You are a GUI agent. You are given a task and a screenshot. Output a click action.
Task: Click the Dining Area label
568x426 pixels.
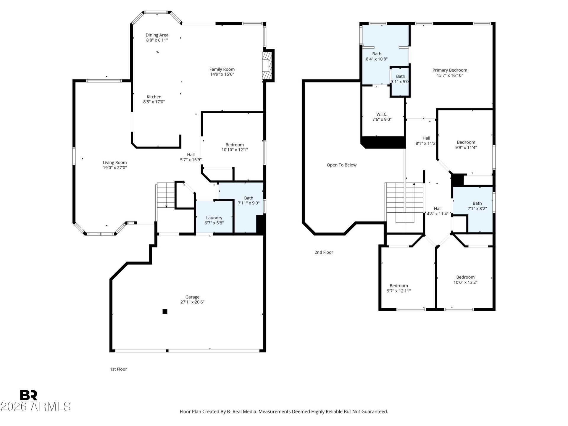[157, 35]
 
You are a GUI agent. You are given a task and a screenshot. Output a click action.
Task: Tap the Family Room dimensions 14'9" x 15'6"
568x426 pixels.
[222, 74]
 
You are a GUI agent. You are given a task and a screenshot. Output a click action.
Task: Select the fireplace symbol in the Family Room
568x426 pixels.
[267, 66]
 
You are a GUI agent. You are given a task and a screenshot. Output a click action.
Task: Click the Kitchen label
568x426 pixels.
[154, 97]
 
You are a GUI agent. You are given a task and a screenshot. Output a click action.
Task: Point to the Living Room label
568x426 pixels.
[115, 162]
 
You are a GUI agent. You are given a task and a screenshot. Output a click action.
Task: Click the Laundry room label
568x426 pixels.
[214, 218]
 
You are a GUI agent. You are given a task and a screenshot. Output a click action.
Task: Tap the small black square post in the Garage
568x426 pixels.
[165, 311]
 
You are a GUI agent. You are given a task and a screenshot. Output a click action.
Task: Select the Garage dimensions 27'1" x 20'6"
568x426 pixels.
[192, 302]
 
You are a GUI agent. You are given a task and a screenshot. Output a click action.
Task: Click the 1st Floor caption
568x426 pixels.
[118, 369]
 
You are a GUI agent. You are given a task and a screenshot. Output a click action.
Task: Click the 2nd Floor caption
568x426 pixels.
[324, 252]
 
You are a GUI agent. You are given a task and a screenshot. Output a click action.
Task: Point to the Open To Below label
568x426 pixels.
[341, 165]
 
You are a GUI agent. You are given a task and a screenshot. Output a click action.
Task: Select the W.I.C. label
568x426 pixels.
[382, 114]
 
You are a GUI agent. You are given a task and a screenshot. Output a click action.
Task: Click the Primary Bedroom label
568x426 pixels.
[450, 70]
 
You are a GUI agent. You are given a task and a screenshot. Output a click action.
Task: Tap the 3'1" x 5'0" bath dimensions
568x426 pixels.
[400, 81]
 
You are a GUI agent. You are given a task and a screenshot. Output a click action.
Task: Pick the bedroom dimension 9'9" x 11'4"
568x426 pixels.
[466, 147]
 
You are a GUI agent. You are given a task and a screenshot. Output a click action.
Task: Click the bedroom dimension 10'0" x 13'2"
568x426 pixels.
[465, 282]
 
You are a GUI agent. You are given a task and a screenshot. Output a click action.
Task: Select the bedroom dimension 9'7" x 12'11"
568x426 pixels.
[399, 291]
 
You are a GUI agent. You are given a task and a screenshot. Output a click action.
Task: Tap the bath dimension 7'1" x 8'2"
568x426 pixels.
[477, 209]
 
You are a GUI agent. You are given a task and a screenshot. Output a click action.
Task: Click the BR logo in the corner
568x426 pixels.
[29, 395]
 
